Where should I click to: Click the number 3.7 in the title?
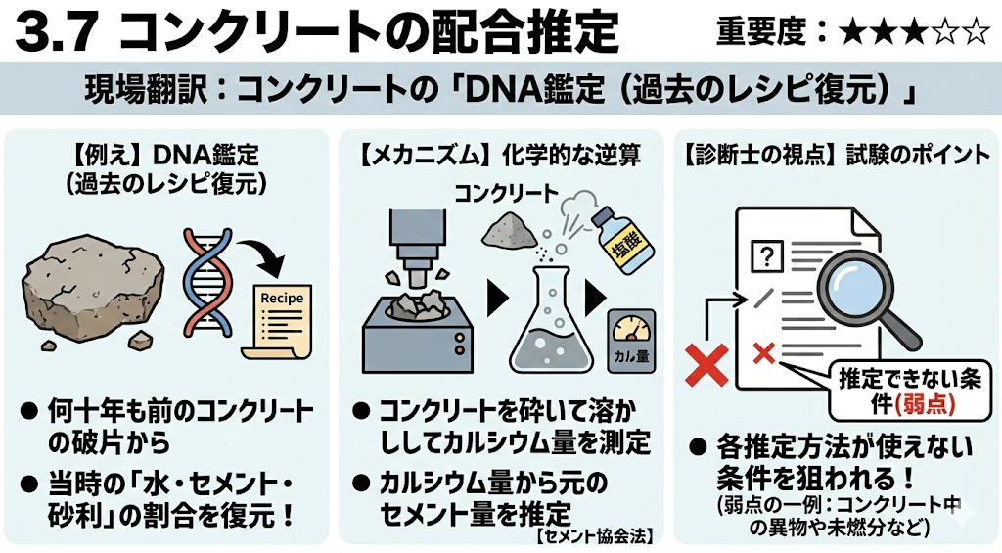(57, 32)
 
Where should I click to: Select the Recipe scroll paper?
(279, 322)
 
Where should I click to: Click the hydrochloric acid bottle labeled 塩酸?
(623, 241)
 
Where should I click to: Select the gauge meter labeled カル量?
(631, 341)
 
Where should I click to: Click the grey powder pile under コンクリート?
(509, 230)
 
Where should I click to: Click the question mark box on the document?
(767, 256)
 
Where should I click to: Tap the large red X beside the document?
(706, 364)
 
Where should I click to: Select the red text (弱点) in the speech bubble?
(925, 404)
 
